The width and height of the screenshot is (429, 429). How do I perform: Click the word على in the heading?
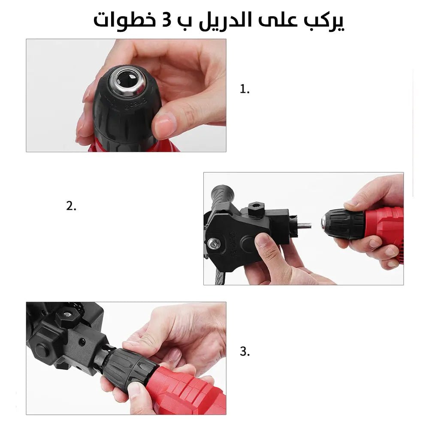point(277,21)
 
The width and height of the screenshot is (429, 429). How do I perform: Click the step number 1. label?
point(245,89)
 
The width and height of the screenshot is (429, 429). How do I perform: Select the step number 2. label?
point(71,205)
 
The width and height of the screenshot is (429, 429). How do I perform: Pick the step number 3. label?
point(245,352)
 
